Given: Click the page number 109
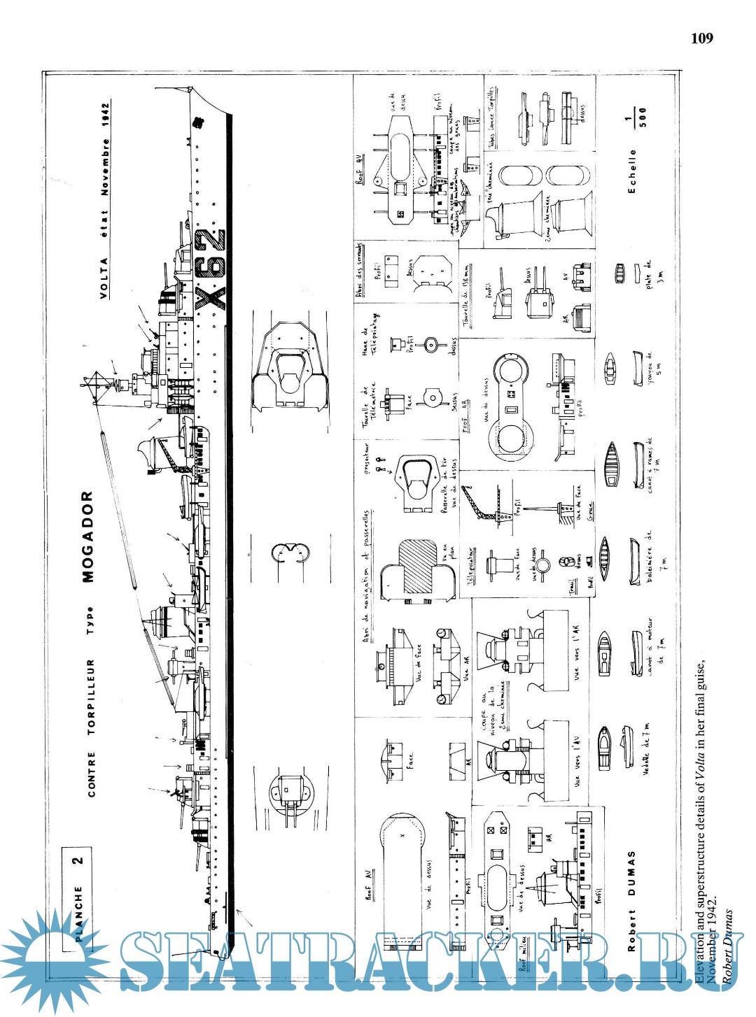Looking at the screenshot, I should pos(701,38).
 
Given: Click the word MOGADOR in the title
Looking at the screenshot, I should pos(87,536).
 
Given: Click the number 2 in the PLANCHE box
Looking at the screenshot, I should pos(78,860).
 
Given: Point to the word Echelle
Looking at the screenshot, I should pos(632,171).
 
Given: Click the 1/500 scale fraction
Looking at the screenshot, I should pos(636,117).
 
